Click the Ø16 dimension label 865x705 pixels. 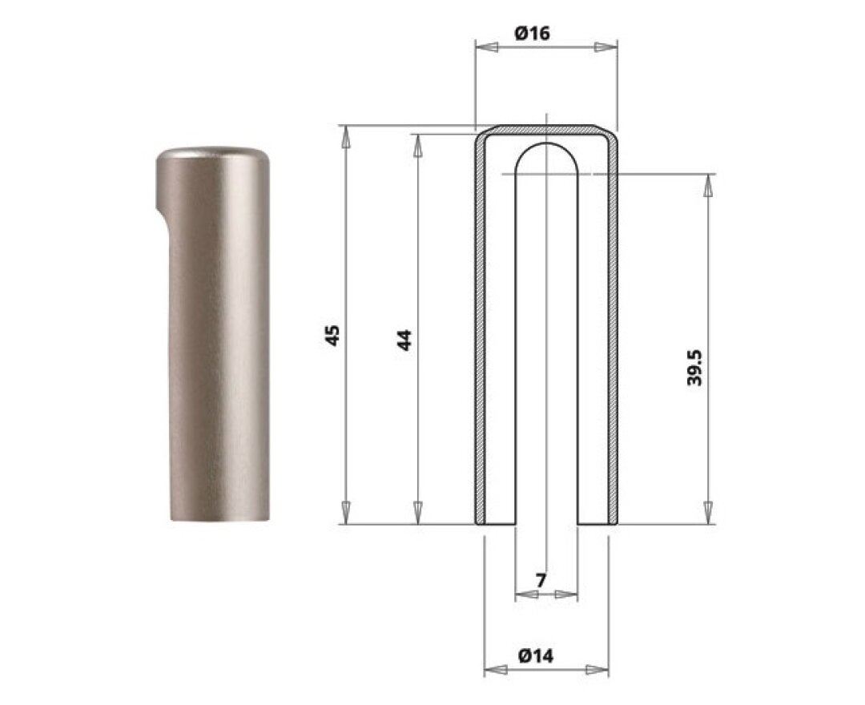[533, 33]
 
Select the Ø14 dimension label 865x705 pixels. [536, 656]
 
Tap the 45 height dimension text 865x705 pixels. [332, 336]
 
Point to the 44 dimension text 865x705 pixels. [404, 340]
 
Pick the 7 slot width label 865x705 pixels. [541, 580]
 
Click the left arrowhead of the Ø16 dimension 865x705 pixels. [487, 47]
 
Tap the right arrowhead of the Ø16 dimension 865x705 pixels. [605, 47]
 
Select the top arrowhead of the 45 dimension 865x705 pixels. [346, 137]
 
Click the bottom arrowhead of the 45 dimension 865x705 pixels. [346, 513]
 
